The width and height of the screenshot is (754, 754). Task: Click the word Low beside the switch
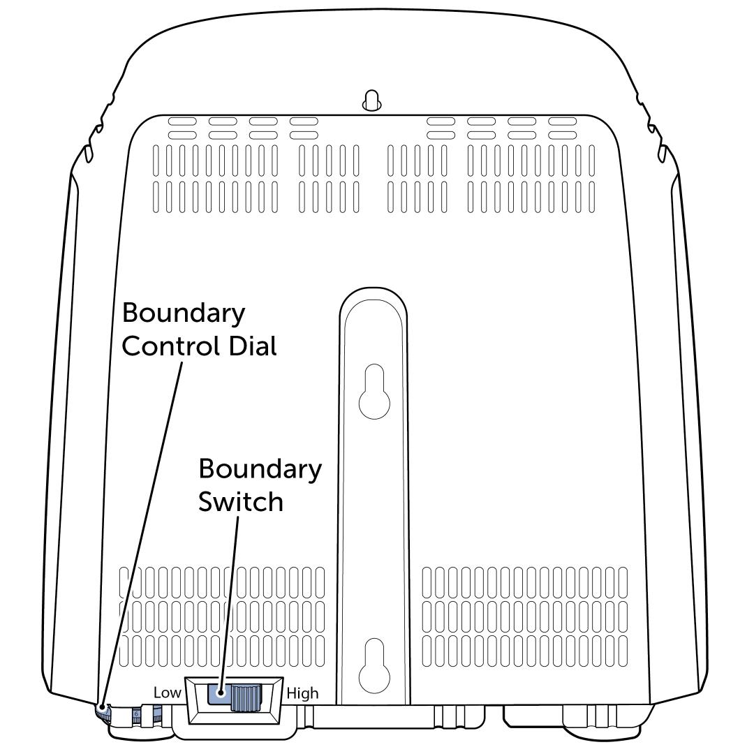point(167,693)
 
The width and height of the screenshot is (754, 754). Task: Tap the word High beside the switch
point(302,693)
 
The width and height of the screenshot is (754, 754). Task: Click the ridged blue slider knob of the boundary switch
point(244,698)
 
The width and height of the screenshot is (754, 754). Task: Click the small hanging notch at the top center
point(371,101)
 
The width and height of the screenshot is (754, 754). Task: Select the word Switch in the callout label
point(241,501)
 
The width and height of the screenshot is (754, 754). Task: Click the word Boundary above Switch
point(260,468)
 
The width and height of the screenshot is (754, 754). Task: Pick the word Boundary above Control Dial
point(184,313)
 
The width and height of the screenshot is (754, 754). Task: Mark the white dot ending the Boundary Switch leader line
point(221,694)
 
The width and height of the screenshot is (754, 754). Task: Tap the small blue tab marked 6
point(136,714)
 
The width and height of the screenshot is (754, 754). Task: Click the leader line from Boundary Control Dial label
point(143,531)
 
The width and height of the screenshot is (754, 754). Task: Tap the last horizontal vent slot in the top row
point(563,121)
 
